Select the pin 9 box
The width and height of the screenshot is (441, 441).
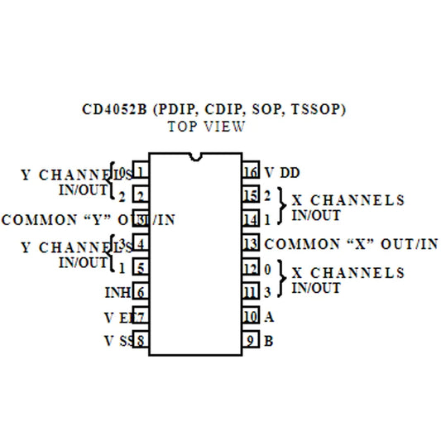(251, 340)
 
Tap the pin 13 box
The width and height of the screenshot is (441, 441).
(251, 244)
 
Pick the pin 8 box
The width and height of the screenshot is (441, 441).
(141, 340)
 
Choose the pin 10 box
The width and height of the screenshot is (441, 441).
(251, 316)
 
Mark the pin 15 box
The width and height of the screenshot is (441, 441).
(251, 196)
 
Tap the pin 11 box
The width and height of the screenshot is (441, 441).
(251, 292)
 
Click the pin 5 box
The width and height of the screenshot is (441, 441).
(141, 268)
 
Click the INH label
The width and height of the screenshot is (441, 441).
(116, 292)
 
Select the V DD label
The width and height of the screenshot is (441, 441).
(282, 173)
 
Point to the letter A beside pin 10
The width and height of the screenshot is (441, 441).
(269, 316)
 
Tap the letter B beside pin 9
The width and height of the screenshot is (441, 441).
(269, 340)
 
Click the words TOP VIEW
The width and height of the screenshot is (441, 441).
(206, 127)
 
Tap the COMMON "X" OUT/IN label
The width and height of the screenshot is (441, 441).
(351, 244)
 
